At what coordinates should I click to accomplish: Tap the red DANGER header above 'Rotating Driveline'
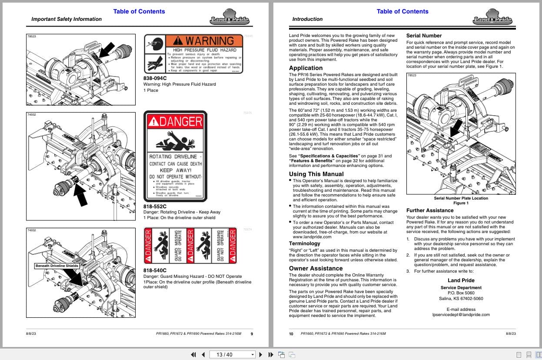(175, 122)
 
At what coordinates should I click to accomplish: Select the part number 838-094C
(155, 78)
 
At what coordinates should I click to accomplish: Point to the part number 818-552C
(155, 206)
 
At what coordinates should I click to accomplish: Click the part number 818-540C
(155, 270)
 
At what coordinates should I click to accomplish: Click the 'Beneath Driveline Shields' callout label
(57, 266)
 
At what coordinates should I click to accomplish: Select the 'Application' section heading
(306, 68)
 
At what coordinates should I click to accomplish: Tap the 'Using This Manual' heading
(316, 174)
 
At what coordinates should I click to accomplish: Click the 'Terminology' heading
(304, 243)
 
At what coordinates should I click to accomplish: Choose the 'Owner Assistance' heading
(316, 268)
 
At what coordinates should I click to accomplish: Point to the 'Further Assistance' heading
(429, 210)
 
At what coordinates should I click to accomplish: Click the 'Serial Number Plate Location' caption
(461, 198)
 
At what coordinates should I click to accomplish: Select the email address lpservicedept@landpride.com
(461, 315)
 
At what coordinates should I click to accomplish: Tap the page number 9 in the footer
(252, 334)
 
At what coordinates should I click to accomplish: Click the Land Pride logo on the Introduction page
(492, 17)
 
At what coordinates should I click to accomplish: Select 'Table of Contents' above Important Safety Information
(139, 11)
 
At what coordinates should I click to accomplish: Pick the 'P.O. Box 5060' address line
(461, 293)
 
